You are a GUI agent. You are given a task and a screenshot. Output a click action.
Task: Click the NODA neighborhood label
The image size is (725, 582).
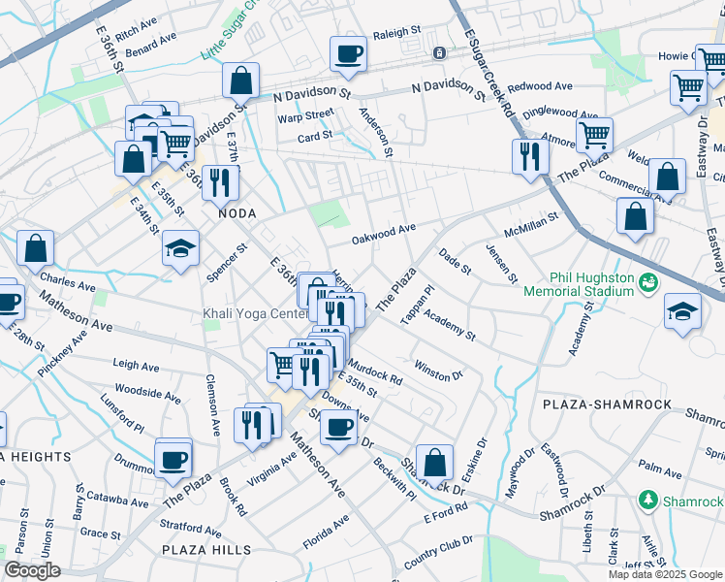[236, 212]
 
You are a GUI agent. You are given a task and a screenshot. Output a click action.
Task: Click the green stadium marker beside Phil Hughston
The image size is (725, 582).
[647, 282]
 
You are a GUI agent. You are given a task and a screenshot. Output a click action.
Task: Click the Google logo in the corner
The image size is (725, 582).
[32, 570]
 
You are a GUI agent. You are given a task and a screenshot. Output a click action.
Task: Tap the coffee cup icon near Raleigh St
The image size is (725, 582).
[348, 54]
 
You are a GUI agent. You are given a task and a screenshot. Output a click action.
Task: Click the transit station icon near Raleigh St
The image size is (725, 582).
[439, 52]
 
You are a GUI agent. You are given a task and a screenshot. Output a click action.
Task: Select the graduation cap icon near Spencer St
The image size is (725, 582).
[180, 248]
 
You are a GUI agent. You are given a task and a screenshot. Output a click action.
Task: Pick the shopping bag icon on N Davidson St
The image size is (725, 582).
[240, 81]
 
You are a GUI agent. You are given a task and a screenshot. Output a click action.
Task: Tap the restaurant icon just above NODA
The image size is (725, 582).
[220, 181]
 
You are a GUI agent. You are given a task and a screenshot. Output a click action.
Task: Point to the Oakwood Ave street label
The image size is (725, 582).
[383, 233]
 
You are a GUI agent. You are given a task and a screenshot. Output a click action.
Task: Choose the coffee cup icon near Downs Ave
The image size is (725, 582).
[338, 426]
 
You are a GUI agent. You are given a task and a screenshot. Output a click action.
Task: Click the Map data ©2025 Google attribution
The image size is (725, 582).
[665, 574]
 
